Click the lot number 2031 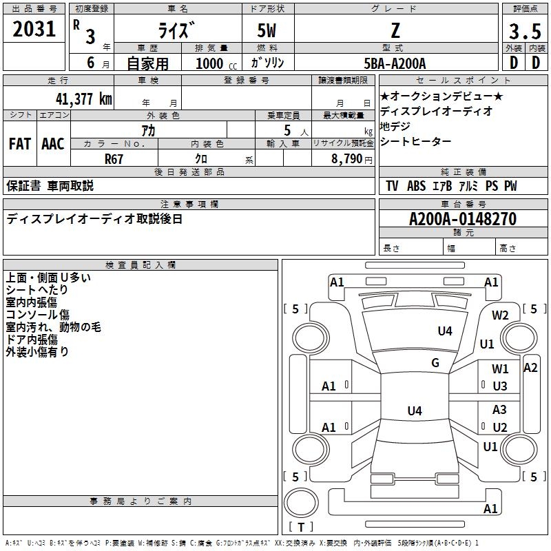click(34, 31)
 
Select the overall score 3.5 click(524, 32)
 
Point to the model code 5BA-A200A click(395, 63)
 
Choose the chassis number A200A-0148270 click(463, 219)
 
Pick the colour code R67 click(114, 158)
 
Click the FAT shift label click(20, 144)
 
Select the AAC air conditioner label click(53, 144)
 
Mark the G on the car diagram click(435, 363)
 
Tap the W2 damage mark click(500, 315)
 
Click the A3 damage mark click(500, 410)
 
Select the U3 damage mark click(500, 386)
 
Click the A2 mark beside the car click(530, 367)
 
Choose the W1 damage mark click(500, 369)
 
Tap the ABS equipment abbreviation click(416, 187)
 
